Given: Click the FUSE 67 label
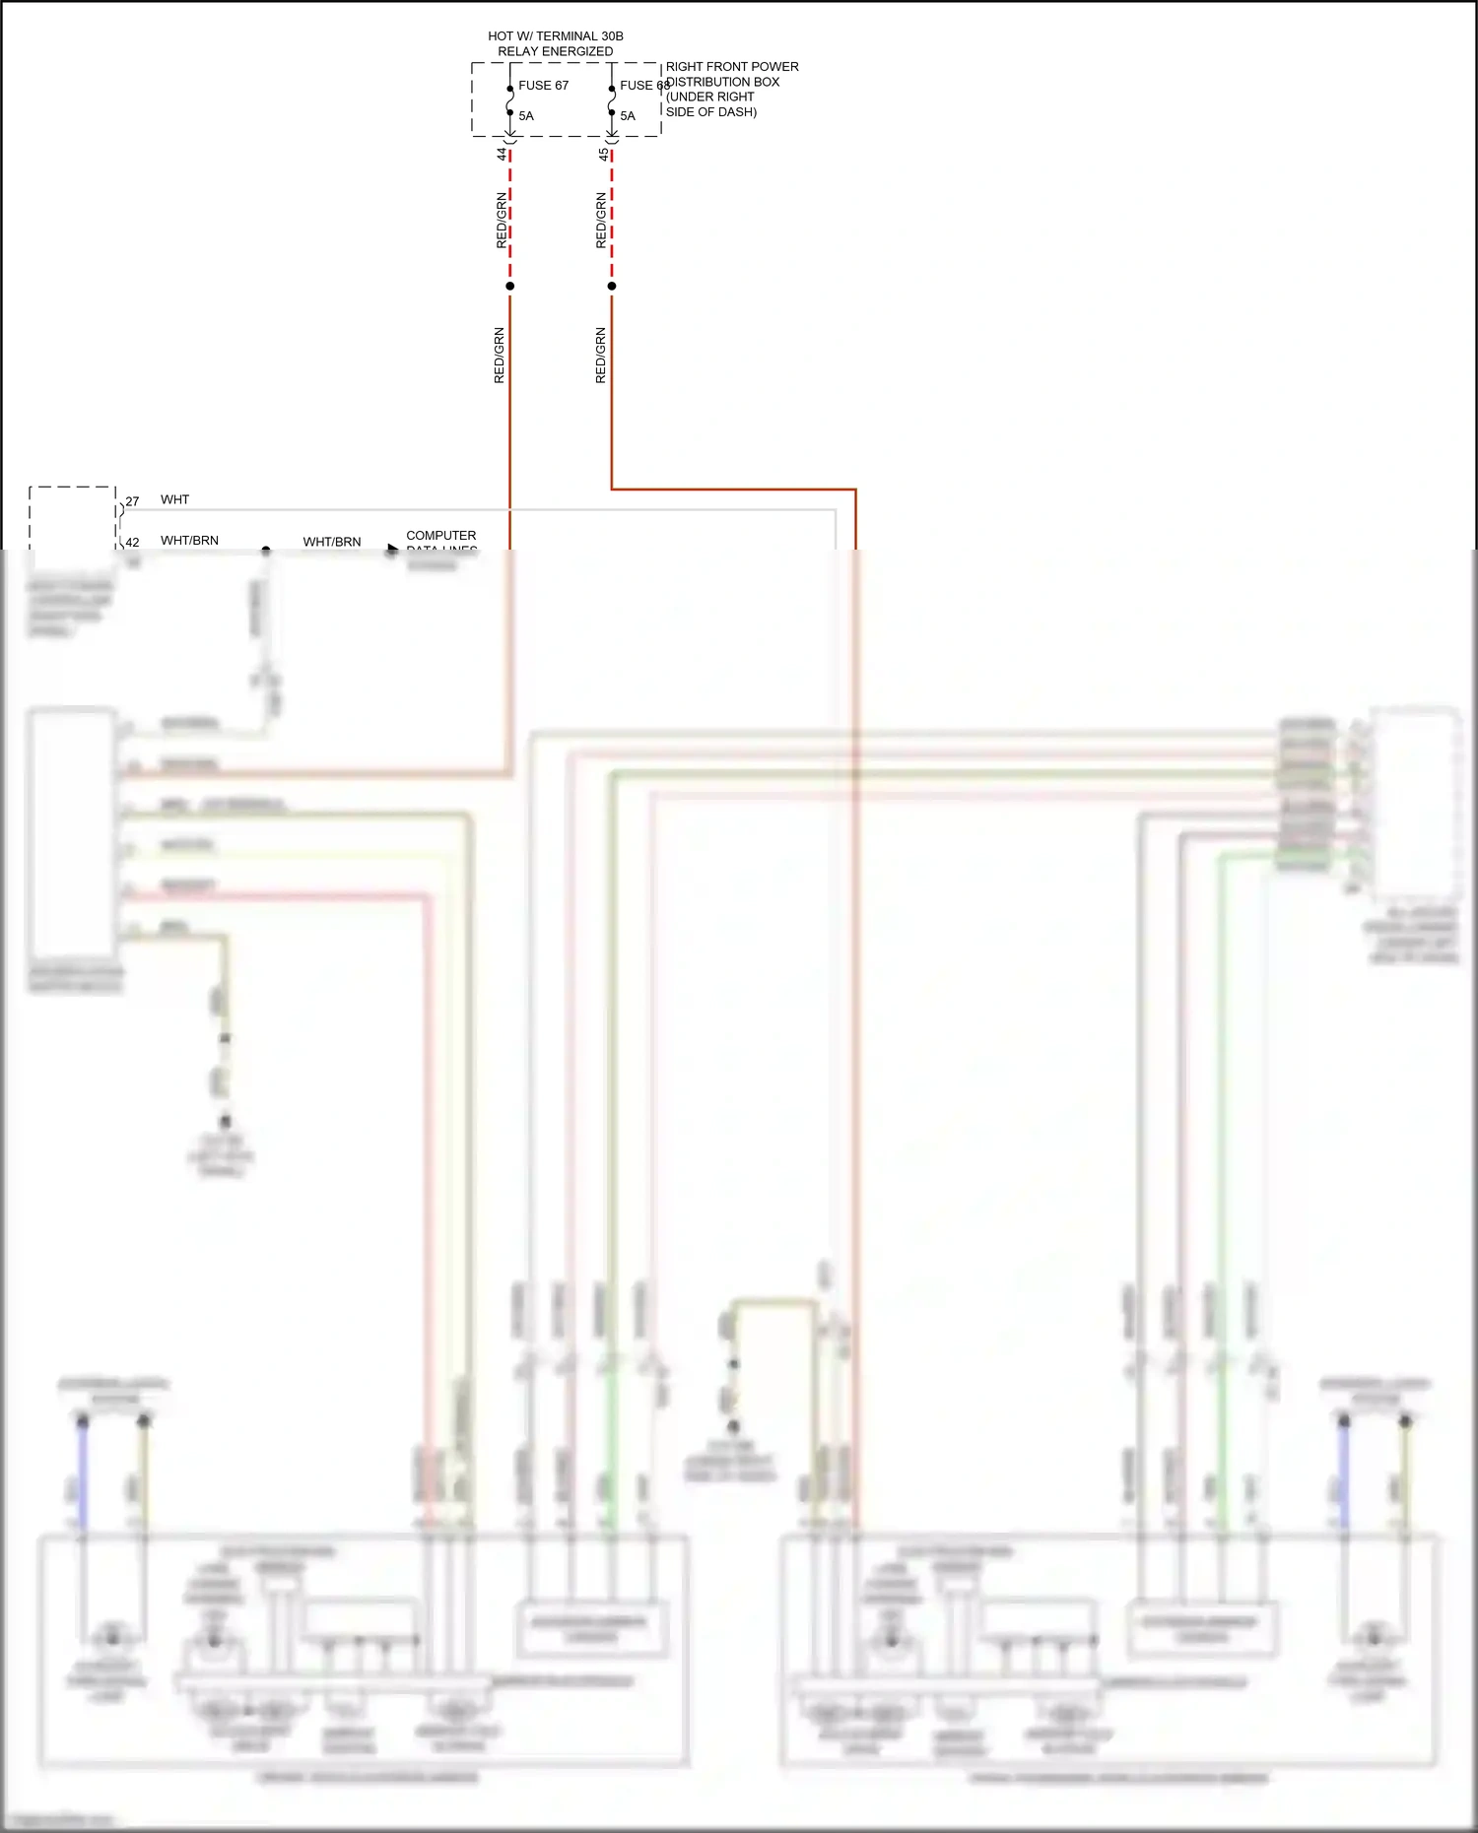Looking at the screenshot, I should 543,86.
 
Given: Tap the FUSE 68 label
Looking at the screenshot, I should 643,86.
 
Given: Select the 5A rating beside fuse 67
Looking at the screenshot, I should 526,116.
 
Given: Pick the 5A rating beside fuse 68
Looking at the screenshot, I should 628,116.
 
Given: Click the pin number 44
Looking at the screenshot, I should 502,155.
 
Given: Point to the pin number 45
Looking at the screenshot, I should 603,155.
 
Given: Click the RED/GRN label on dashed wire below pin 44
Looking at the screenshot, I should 502,220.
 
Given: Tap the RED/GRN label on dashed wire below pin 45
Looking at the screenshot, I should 601,220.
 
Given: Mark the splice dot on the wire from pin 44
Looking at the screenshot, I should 509,287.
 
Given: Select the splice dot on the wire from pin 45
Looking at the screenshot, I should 612,287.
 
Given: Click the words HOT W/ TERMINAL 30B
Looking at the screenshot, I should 556,36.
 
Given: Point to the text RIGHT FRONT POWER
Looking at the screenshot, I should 732,67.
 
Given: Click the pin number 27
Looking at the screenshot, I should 133,501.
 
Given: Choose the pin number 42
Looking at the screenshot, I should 133,542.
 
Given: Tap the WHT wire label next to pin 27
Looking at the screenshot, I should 174,500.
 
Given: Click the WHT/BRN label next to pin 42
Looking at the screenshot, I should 189,541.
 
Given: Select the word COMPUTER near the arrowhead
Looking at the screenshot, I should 440,536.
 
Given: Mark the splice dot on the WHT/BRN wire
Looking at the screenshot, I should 265,551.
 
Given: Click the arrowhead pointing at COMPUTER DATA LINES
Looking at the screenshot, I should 392,550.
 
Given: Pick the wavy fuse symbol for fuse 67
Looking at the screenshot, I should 509,100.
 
